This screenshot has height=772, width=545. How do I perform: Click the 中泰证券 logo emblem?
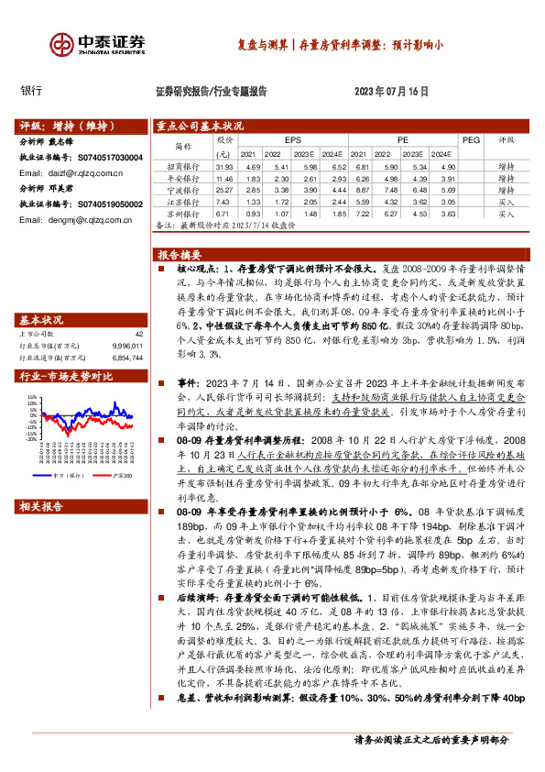pos(62,44)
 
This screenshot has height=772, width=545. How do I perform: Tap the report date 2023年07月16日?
pos(391,92)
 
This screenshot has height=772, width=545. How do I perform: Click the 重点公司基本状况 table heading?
pos(200,126)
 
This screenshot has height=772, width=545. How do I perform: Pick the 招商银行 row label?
pos(182,167)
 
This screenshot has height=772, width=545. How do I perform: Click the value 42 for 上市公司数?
pos(139,334)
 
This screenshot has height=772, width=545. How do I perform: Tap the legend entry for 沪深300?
pos(119,476)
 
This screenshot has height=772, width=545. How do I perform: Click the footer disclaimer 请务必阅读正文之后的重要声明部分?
pos(431,740)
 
